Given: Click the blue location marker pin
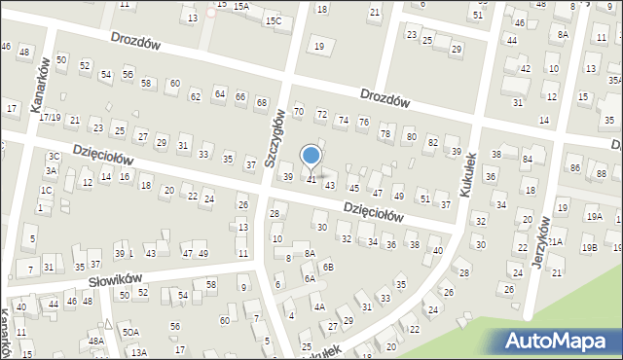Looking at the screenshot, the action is (x=311, y=157).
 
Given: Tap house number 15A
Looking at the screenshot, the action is (x=240, y=6).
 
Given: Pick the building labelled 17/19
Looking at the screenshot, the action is (x=51, y=117).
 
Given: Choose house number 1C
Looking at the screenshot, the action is (x=46, y=190).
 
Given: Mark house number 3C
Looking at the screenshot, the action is (x=54, y=156).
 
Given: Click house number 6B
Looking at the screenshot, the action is (x=328, y=267).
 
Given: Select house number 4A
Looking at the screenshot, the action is (x=318, y=306).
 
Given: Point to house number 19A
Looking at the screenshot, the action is (x=594, y=217).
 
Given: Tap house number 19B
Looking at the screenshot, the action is (x=589, y=247).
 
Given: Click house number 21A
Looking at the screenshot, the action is (x=554, y=241).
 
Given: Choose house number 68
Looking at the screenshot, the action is (x=261, y=102).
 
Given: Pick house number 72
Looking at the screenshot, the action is (x=321, y=115).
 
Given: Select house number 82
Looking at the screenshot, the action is (x=432, y=142).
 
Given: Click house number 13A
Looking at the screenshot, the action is (x=139, y=352).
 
